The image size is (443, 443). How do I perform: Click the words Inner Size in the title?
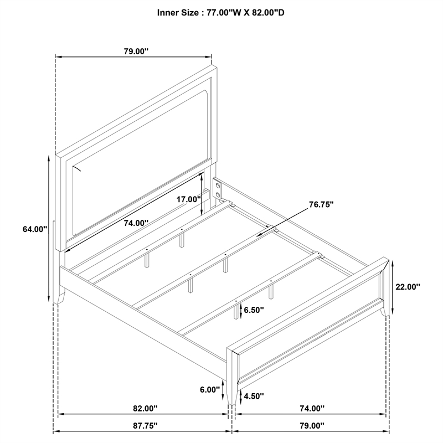(178, 13)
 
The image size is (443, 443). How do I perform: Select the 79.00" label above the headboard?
(136, 51)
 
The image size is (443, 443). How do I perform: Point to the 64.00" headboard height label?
(35, 229)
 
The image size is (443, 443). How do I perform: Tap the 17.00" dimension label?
(189, 199)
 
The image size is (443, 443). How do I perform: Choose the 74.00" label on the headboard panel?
(136, 223)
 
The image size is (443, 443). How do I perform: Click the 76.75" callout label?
(321, 204)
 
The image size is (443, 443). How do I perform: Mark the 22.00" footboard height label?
(408, 287)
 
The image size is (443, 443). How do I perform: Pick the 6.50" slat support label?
(254, 310)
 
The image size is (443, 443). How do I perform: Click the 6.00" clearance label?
(210, 390)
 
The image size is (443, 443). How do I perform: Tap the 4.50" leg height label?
(254, 396)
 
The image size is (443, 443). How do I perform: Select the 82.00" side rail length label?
(145, 408)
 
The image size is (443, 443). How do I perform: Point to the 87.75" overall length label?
(145, 426)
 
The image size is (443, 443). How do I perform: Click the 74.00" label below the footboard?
(312, 408)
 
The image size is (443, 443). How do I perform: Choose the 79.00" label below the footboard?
(312, 425)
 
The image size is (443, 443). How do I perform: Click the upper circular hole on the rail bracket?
(218, 186)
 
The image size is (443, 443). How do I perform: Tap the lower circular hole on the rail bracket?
(218, 195)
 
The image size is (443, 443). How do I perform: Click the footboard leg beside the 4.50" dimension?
(232, 394)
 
